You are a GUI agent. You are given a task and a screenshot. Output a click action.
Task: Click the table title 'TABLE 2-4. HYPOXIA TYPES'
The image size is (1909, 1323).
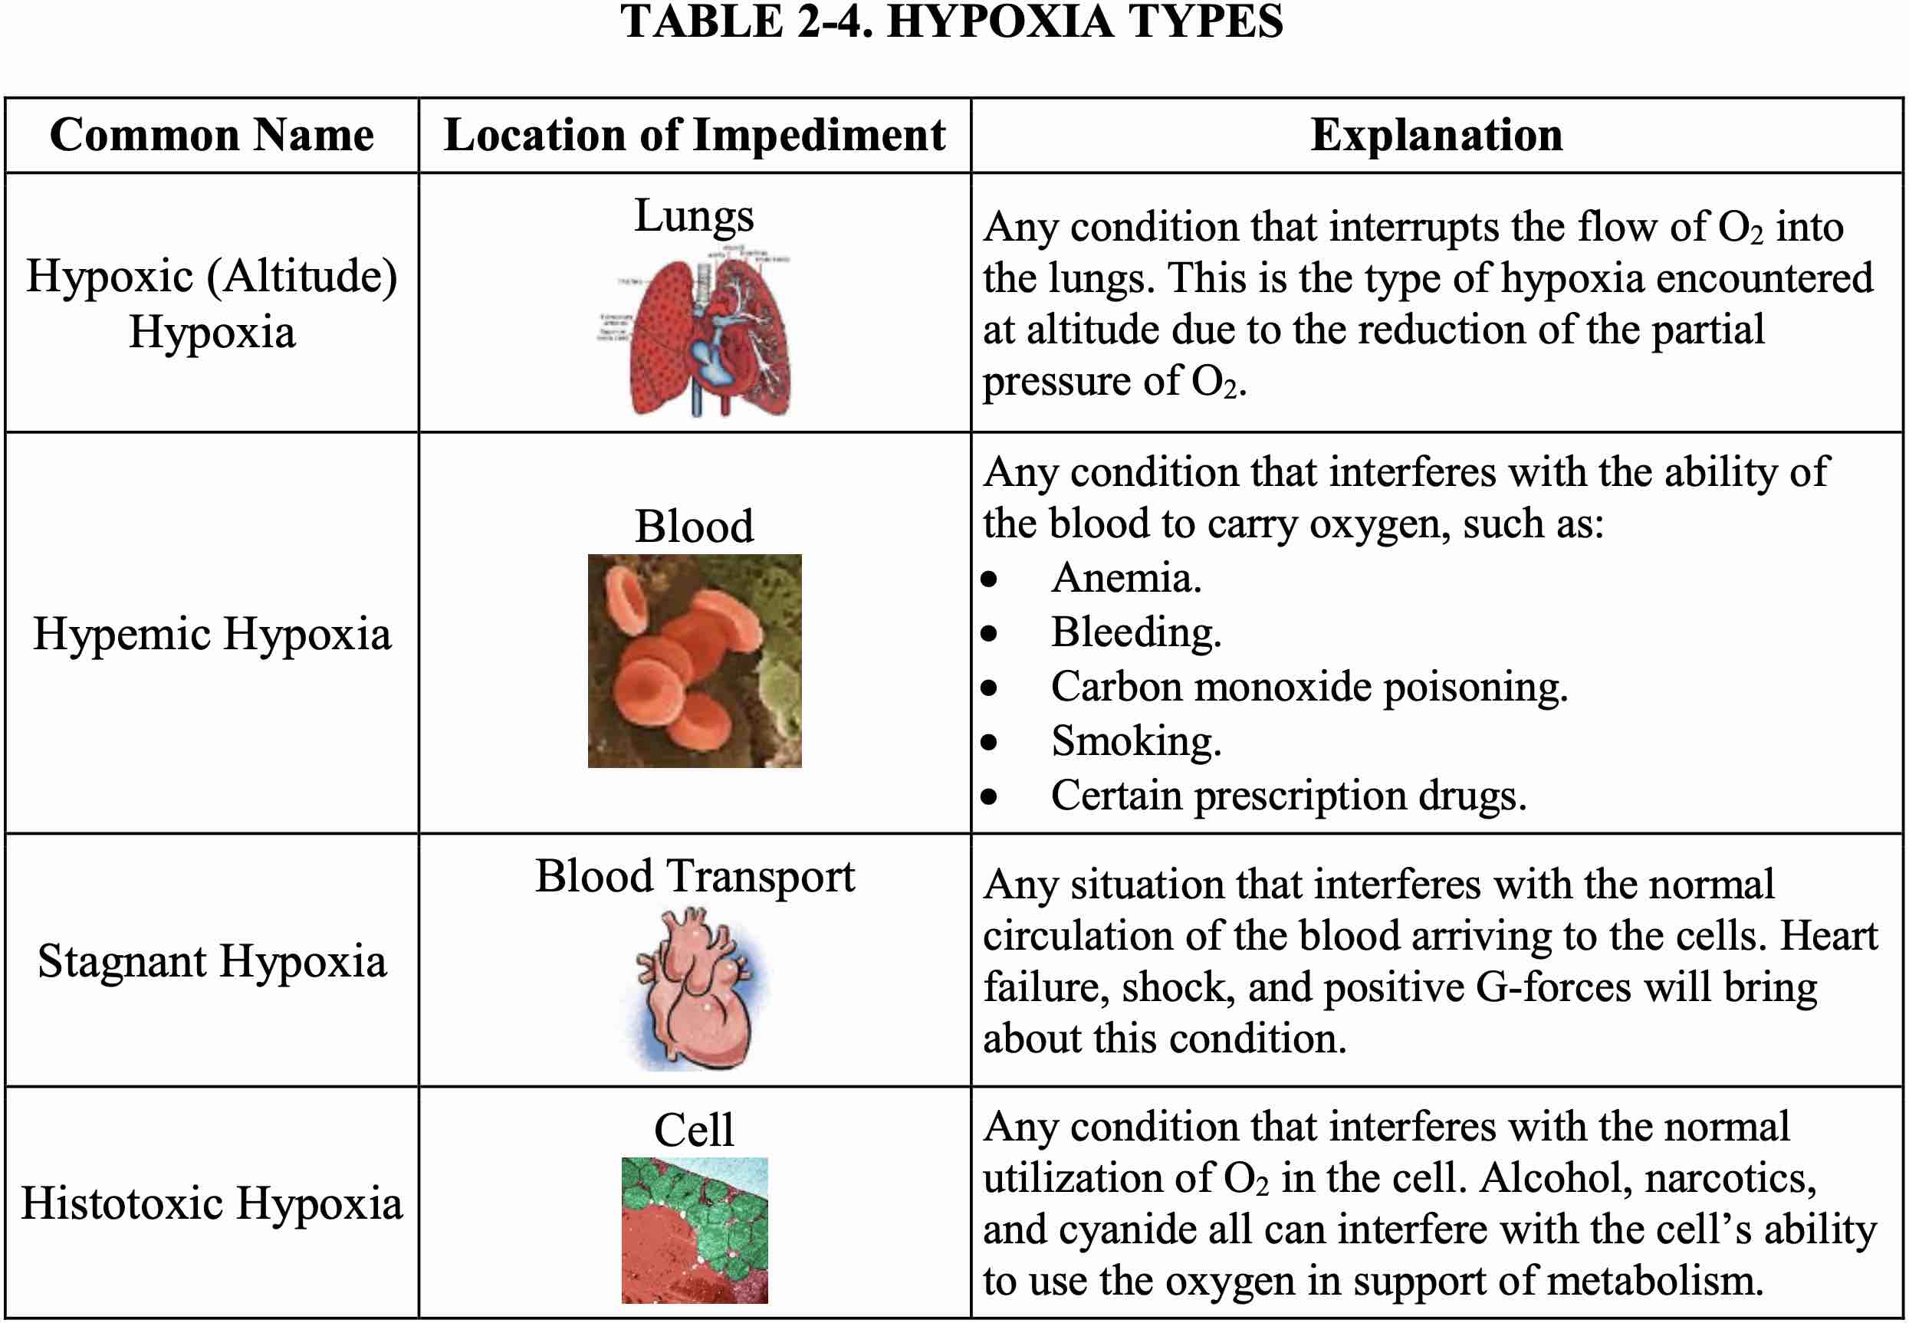tap(951, 21)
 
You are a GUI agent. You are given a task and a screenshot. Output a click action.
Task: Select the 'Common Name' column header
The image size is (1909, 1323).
tap(212, 134)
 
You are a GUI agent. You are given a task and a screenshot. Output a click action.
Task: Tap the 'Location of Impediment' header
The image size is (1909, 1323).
tap(695, 134)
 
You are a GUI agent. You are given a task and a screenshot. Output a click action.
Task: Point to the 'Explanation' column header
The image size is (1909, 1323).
tap(1437, 134)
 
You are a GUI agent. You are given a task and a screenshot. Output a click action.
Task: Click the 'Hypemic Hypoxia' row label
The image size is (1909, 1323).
tap(212, 634)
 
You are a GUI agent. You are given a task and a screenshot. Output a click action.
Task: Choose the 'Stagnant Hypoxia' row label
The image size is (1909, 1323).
tap(212, 961)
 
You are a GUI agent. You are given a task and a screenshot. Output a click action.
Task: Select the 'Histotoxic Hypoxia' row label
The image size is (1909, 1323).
tap(212, 1203)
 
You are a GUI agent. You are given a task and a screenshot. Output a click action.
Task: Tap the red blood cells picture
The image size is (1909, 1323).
tap(695, 661)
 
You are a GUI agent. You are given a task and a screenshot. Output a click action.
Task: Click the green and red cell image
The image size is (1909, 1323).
tap(695, 1230)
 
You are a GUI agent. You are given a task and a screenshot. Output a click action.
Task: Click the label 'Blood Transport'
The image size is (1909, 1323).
tap(695, 876)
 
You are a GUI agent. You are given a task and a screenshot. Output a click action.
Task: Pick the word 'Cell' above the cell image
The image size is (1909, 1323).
tap(695, 1129)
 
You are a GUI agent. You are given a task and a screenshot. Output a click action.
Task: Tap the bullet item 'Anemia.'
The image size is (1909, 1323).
tap(1125, 578)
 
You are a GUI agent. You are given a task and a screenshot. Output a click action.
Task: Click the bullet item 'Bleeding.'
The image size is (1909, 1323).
tap(1135, 632)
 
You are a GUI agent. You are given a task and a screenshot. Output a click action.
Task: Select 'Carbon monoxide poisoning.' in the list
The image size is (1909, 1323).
tap(1309, 688)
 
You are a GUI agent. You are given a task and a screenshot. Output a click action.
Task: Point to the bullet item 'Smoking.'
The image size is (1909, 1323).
tap(1135, 741)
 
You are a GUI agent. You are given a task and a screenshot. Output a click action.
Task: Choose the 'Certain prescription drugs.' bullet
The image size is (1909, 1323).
tap(1288, 796)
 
